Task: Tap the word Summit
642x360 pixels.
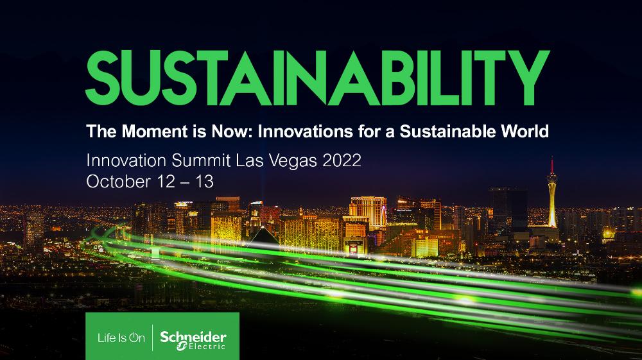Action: (191, 160)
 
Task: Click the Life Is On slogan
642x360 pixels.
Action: (121, 337)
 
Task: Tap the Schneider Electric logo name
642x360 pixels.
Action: (192, 336)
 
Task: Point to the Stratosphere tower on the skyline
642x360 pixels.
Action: (551, 193)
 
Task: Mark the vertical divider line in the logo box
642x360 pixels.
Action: (152, 337)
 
